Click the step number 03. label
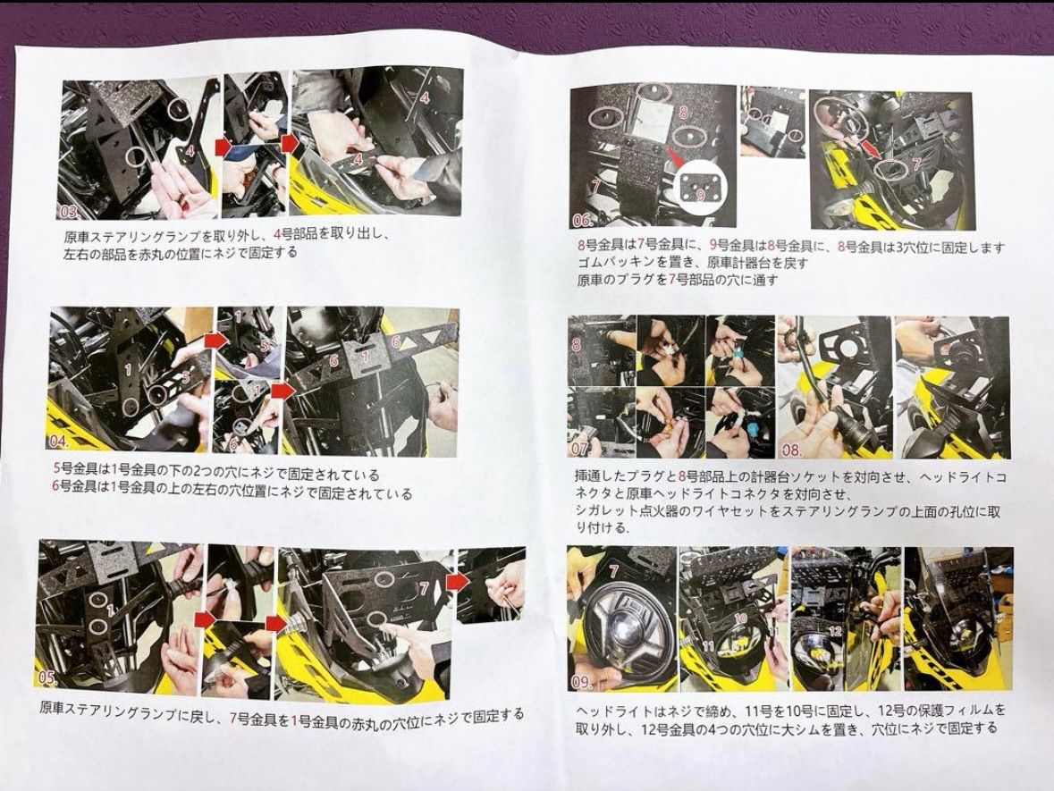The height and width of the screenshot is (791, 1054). [69, 213]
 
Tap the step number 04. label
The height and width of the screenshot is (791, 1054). [57, 442]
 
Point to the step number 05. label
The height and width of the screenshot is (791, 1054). [46, 677]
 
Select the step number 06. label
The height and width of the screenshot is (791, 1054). [583, 220]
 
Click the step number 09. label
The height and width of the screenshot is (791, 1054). [581, 683]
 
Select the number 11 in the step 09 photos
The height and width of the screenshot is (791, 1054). [709, 645]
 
